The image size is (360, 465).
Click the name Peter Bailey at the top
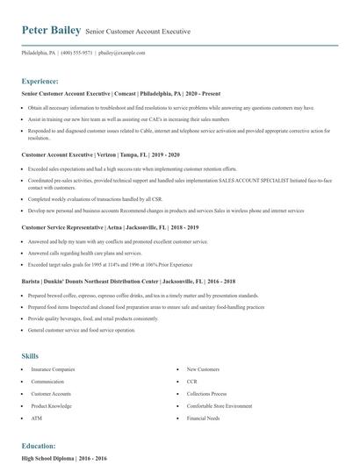click(x=51, y=30)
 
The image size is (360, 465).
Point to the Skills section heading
click(x=30, y=355)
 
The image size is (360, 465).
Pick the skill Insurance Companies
click(x=54, y=370)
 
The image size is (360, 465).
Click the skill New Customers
click(x=205, y=370)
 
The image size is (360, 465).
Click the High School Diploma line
click(x=65, y=457)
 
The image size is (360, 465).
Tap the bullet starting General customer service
click(x=82, y=330)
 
